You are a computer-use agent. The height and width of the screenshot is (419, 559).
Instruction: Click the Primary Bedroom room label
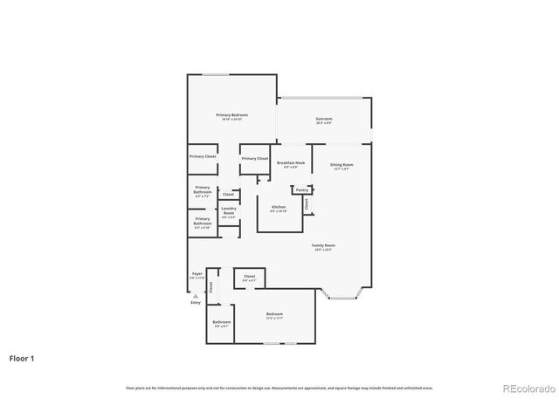tap(232, 115)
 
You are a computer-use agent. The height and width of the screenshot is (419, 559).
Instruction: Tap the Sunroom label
tap(324, 120)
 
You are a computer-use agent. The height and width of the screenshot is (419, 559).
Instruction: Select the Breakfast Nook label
tap(290, 163)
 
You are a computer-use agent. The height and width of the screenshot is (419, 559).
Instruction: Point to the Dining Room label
tap(341, 163)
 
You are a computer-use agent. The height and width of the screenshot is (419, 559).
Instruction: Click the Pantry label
tap(301, 189)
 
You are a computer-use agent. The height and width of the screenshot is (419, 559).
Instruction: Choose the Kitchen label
tap(278, 208)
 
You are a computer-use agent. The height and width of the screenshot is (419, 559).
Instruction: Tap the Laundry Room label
tap(229, 209)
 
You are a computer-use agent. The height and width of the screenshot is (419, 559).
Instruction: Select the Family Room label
tap(324, 246)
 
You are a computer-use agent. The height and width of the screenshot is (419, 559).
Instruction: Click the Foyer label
tap(197, 274)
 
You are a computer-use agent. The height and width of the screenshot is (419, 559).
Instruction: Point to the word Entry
tap(196, 302)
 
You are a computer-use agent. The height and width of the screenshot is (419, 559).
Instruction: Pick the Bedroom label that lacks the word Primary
tap(274, 314)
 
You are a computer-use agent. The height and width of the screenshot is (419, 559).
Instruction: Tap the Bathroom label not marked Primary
tap(222, 322)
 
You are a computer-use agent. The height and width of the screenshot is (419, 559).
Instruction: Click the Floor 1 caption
tap(23, 358)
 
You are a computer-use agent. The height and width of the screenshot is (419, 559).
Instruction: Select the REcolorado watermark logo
tap(526, 388)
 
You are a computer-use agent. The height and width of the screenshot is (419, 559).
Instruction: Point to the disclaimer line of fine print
tap(279, 388)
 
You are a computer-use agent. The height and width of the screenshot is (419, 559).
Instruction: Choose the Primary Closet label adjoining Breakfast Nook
tap(255, 158)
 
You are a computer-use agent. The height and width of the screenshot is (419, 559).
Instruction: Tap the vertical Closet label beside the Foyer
tap(210, 286)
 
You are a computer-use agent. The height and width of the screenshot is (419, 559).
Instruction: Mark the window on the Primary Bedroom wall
tap(216, 75)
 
